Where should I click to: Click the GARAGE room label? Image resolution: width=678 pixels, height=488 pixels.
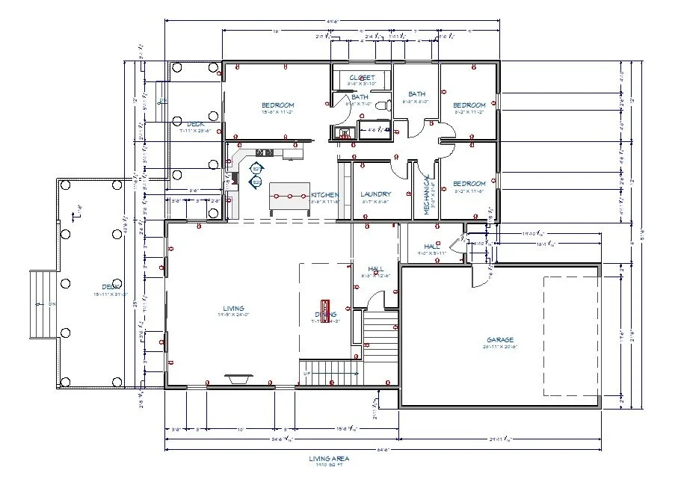[500, 340]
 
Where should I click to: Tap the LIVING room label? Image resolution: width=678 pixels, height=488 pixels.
[233, 308]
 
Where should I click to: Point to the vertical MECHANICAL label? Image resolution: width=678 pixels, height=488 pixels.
[428, 196]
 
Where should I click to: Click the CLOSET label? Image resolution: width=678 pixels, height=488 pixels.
[362, 78]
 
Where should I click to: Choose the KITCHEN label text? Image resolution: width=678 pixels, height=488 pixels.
[325, 194]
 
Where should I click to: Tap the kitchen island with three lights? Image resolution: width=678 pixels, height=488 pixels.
[289, 197]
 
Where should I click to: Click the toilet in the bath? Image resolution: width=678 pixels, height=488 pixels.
[383, 106]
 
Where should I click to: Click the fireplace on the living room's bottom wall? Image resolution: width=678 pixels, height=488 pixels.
[238, 380]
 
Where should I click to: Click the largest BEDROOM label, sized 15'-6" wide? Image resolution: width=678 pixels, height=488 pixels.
[277, 105]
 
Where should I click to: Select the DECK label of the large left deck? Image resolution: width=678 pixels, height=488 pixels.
[111, 287]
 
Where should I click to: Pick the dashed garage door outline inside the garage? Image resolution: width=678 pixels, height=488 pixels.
[571, 335]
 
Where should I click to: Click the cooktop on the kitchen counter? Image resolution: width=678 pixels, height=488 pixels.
[256, 173]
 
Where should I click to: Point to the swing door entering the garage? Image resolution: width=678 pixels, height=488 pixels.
[476, 279]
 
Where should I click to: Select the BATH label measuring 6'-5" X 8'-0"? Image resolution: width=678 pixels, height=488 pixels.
[416, 94]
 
